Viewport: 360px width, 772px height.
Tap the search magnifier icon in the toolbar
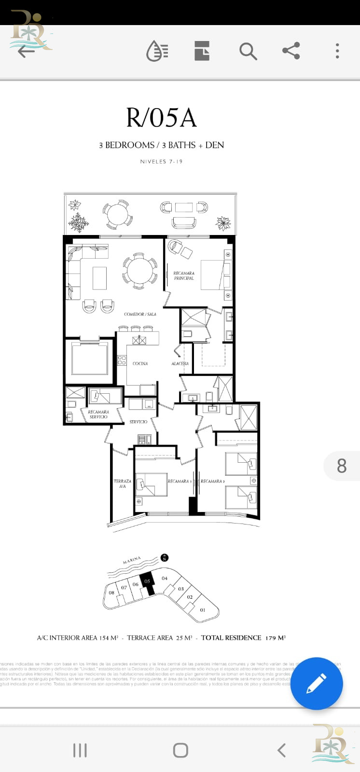(248, 51)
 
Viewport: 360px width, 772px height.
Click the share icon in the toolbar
(291, 51)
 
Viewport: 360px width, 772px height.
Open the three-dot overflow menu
(337, 51)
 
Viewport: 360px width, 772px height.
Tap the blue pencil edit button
(316, 684)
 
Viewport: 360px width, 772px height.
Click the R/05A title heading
(161, 118)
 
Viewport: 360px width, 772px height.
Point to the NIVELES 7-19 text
(161, 162)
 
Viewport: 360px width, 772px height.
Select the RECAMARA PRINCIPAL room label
(184, 276)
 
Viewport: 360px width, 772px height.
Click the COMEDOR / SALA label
(140, 314)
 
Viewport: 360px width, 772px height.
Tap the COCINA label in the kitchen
(140, 363)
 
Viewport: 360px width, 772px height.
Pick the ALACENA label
(180, 363)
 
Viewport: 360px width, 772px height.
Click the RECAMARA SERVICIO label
(98, 414)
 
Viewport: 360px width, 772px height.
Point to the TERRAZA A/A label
(123, 483)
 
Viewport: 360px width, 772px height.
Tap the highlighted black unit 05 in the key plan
(147, 582)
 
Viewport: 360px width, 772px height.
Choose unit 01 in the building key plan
(203, 610)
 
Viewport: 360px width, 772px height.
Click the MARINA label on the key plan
(132, 561)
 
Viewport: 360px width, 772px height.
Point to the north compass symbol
(165, 558)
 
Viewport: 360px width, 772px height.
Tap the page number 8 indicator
(342, 466)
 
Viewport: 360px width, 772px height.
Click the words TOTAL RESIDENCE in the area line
(231, 638)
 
